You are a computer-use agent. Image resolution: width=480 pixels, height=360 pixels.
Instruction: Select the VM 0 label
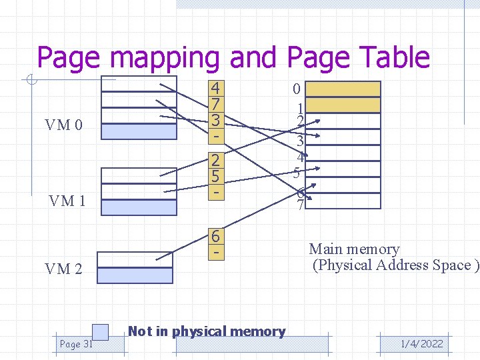64,125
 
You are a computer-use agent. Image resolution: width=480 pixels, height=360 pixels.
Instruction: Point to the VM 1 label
67,201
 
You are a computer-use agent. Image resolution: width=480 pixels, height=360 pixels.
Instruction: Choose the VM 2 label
63,269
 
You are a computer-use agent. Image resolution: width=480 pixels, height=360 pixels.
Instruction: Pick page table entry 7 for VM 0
215,105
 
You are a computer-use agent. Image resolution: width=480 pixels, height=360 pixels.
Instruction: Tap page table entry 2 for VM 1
215,161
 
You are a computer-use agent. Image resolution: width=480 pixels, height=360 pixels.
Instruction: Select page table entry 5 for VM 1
215,177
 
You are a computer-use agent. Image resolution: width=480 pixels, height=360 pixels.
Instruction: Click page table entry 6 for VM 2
215,237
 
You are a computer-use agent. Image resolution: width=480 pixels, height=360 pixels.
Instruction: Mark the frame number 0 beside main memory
297,89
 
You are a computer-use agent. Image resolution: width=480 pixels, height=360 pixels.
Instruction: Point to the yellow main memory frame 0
346,89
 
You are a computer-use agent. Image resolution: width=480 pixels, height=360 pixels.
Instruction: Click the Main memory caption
354,249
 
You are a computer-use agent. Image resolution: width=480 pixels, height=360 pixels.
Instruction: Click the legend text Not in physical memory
206,331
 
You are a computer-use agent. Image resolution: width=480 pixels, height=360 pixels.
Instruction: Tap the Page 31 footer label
75,344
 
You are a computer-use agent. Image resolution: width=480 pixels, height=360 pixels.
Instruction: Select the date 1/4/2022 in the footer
421,344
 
